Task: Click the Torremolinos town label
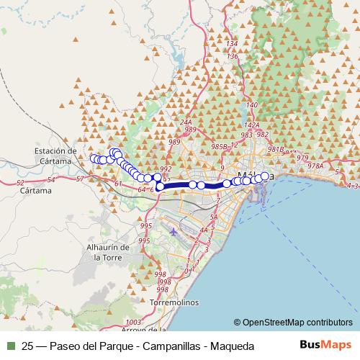tap(174, 303)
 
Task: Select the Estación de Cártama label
tap(55, 156)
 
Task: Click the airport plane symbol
tap(175, 232)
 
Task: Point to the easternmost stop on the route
tap(264, 176)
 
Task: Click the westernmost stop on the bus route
tap(94, 158)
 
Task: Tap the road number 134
tap(231, 45)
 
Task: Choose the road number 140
tap(251, 106)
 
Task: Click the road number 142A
tap(251, 125)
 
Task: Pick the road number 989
tap(191, 130)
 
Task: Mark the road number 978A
tap(315, 166)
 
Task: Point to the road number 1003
tap(132, 322)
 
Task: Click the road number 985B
tap(219, 146)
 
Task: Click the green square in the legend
tap(9, 346)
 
